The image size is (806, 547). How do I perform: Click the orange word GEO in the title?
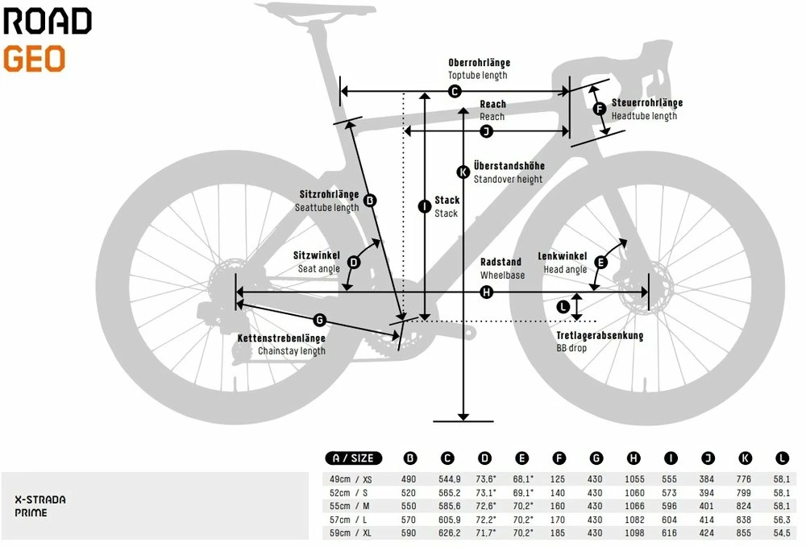[x=34, y=60]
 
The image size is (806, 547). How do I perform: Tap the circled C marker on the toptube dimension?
[x=455, y=92]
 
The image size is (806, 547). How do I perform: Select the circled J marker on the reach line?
[x=486, y=131]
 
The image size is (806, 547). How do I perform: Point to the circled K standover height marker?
[x=463, y=172]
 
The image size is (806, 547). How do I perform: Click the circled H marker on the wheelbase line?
[x=486, y=292]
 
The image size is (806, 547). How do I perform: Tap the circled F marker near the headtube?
[x=599, y=110]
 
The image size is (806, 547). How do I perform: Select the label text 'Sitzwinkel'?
[x=317, y=255]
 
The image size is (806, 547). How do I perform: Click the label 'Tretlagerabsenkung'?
[x=600, y=335]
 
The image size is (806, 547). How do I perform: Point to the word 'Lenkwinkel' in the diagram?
[x=565, y=257]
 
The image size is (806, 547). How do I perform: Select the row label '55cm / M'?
[x=352, y=506]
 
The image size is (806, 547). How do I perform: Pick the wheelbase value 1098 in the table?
[x=634, y=533]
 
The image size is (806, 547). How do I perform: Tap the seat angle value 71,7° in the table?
[x=484, y=533]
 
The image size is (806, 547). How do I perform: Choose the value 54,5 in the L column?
[x=780, y=533]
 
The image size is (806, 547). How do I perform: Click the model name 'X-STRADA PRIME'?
[x=40, y=506]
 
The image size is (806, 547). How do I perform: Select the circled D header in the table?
[x=484, y=458]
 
